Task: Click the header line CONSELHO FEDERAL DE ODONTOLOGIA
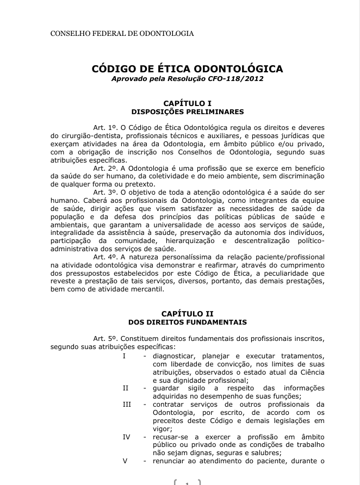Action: tap(122, 34)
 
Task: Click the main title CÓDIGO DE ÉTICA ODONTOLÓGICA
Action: tap(187, 69)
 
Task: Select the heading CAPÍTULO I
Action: tap(187, 103)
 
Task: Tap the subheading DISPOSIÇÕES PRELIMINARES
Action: tap(187, 111)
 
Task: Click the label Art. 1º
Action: tap(105, 127)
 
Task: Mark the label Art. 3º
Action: tap(105, 192)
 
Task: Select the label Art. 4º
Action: tap(105, 256)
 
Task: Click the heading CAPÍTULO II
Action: tap(187, 314)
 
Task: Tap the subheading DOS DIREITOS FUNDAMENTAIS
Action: tap(187, 322)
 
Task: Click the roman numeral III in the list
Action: tap(127, 404)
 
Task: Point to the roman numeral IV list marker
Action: tap(126, 437)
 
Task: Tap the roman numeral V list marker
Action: tap(125, 461)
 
